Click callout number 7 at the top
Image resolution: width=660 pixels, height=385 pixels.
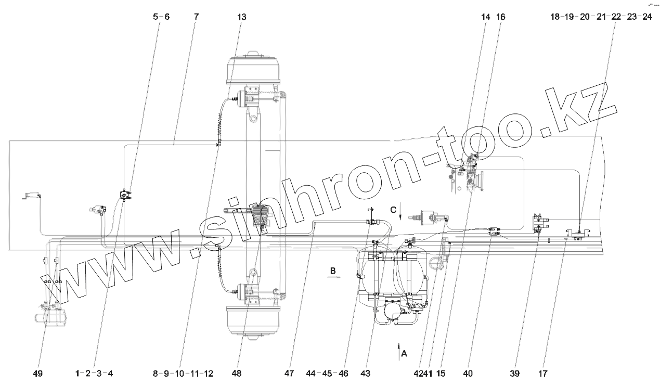(x=196, y=17)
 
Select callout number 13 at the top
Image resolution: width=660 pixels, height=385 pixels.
(x=242, y=17)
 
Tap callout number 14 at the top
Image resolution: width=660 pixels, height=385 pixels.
(x=486, y=17)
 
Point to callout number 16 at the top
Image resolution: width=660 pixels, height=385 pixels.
(x=501, y=17)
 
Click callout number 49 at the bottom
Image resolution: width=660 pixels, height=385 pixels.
(x=38, y=374)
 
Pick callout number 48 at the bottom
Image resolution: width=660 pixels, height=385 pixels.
(x=237, y=374)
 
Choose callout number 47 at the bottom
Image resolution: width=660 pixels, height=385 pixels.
(x=289, y=374)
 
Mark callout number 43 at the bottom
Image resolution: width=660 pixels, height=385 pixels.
(x=365, y=374)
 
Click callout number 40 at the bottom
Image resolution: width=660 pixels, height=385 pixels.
(x=468, y=374)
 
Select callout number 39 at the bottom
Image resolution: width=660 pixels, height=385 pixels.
(x=515, y=374)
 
